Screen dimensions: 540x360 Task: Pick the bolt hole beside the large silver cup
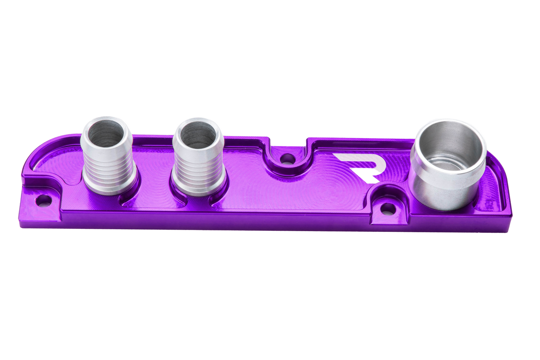(387, 209)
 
